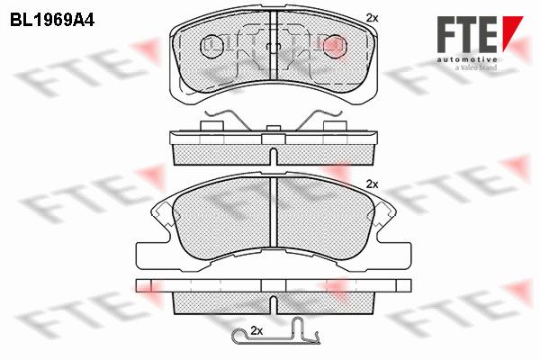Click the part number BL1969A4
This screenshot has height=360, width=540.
(52, 21)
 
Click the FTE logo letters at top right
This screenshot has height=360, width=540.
(467, 34)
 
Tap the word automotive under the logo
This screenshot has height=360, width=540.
(467, 59)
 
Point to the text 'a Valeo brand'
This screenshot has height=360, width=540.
(476, 67)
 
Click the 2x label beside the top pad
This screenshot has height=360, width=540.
(372, 18)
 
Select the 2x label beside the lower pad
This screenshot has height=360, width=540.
(372, 184)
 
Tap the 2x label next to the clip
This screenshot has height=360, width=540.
(256, 331)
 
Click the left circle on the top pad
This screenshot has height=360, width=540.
(211, 47)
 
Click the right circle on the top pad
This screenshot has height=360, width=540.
(336, 47)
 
